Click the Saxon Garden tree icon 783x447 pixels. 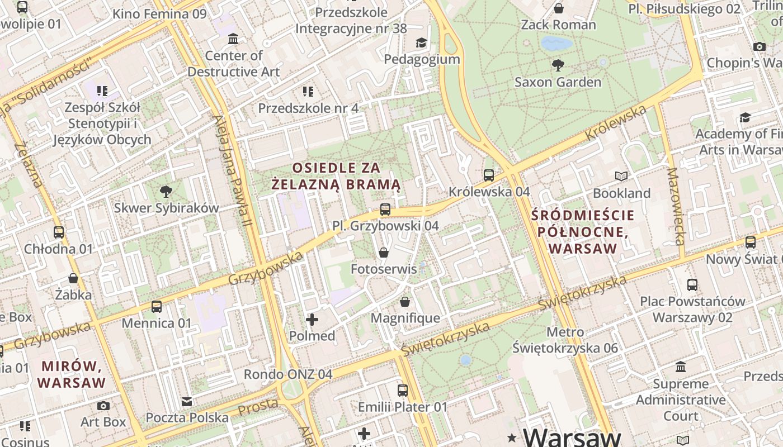[558, 65]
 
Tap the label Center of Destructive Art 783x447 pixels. [234, 64]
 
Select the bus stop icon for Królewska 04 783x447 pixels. [489, 175]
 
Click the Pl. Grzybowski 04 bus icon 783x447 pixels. [385, 210]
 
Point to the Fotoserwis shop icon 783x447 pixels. [384, 253]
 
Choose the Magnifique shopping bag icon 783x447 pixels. [405, 302]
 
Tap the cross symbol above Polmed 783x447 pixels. [312, 320]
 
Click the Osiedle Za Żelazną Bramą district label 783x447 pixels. [336, 176]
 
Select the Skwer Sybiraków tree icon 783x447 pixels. [166, 192]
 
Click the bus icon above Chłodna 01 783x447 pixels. [59, 232]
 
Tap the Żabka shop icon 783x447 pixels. [73, 278]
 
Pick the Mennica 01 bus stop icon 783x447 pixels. [157, 307]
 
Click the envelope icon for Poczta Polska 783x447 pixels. [187, 401]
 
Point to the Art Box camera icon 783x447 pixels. [103, 406]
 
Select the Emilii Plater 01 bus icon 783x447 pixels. [403, 391]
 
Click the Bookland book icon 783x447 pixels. [621, 177]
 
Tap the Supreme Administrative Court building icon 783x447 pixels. [681, 367]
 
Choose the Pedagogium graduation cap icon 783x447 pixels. [421, 42]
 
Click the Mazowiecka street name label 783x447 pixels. [676, 207]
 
